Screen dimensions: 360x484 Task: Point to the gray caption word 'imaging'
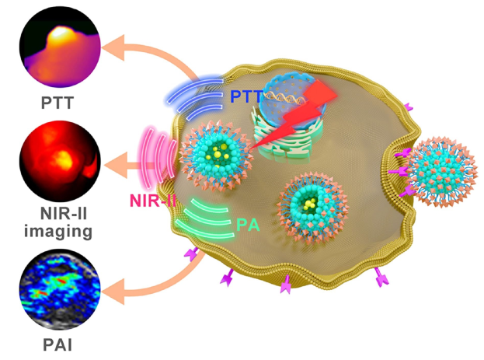[x=56, y=231]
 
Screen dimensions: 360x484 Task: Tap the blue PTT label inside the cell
[x=247, y=96]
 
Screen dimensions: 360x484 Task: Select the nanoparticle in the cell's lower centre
[x=312, y=204]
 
